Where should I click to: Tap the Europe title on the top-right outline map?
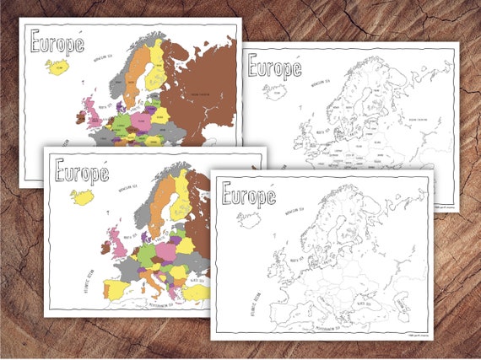(274, 67)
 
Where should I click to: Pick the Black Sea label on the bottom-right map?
(372, 292)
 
